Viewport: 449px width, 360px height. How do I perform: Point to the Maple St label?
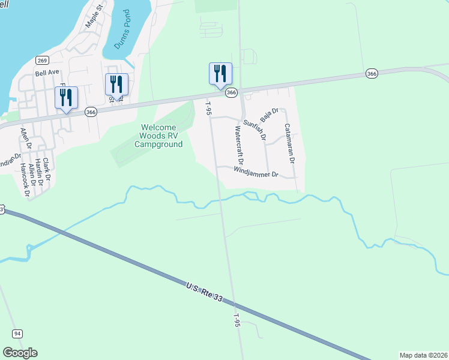pyautogui.click(x=94, y=15)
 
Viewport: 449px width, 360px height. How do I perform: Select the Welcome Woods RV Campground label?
pyautogui.click(x=158, y=136)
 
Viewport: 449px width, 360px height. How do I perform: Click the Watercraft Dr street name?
pyautogui.click(x=239, y=146)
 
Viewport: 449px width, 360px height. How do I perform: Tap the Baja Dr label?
pyautogui.click(x=270, y=115)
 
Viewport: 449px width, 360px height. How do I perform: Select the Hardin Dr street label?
pyautogui.click(x=39, y=170)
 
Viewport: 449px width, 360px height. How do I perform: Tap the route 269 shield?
pyautogui.click(x=42, y=60)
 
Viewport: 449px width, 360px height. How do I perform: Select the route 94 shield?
pyautogui.click(x=17, y=334)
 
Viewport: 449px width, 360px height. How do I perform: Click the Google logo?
pyautogui.click(x=20, y=353)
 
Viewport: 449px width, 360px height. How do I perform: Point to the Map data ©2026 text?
pyautogui.click(x=423, y=355)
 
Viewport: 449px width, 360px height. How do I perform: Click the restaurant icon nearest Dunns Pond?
pyautogui.click(x=116, y=84)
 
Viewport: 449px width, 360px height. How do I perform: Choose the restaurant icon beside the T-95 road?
pyautogui.click(x=220, y=74)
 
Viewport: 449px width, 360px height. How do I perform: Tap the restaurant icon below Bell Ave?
pyautogui.click(x=66, y=97)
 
